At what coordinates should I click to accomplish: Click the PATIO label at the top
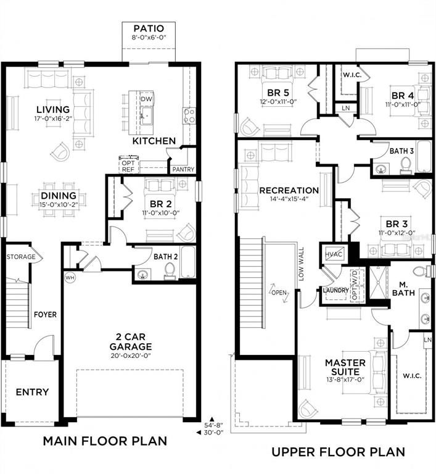[149, 29]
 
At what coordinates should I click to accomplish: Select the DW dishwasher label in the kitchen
[146, 99]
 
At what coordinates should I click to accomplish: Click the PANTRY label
[183, 169]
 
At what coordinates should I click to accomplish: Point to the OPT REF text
[128, 165]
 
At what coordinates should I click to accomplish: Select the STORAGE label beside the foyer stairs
[21, 257]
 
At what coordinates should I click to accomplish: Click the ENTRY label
[32, 392]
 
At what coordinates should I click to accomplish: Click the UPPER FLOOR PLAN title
[339, 452]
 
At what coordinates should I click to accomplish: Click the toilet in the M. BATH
[421, 270]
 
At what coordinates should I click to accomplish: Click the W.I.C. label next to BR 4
[352, 74]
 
